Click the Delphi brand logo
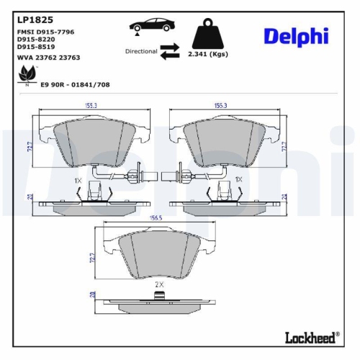[x=296, y=36]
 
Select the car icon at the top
[x=153, y=26]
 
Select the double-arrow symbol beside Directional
[x=170, y=51]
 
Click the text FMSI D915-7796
[x=45, y=33]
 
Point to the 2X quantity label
[x=161, y=285]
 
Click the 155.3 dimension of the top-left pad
[x=90, y=106]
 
